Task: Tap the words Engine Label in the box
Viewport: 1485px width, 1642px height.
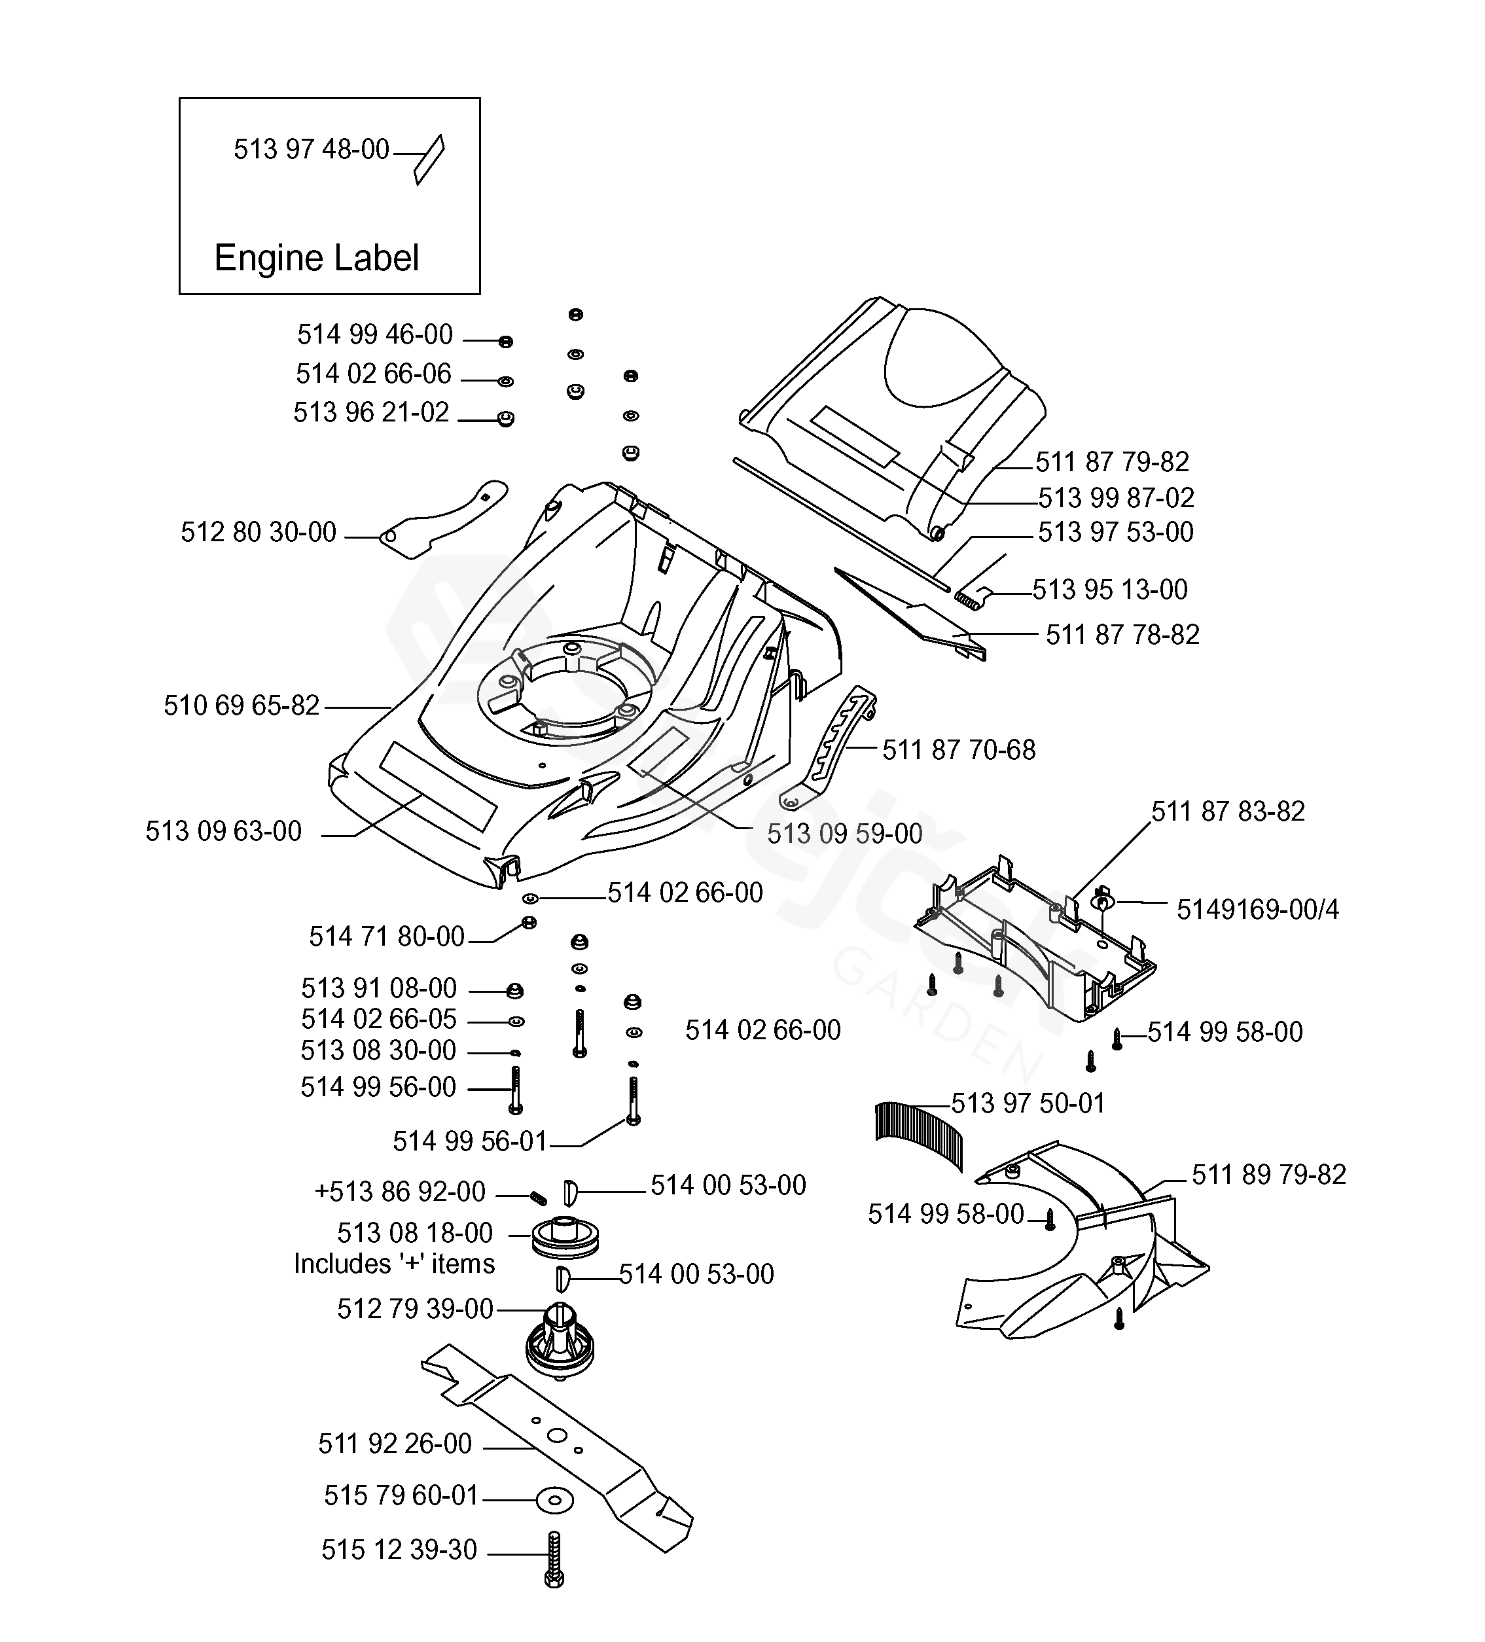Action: [316, 259]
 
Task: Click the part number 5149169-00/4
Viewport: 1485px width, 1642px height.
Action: [1257, 910]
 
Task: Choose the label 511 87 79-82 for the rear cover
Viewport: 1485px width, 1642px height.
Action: [1112, 462]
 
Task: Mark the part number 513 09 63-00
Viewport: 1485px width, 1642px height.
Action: [223, 832]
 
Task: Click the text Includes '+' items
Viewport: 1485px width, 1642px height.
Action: [394, 1264]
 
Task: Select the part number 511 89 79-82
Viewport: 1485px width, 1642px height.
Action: [1268, 1175]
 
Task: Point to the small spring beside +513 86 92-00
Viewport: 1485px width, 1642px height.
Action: [537, 1197]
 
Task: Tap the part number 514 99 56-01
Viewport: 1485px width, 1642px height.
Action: [469, 1142]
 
